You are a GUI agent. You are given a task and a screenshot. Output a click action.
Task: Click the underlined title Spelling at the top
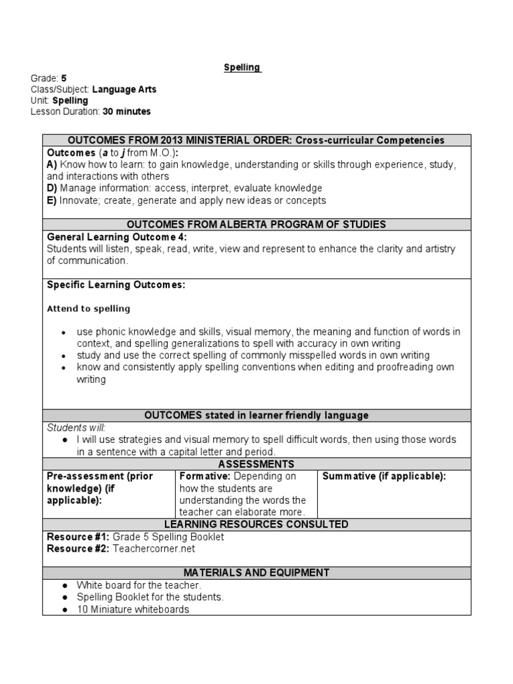coord(242,68)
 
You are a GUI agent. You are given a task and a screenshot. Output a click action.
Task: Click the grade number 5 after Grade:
coord(63,78)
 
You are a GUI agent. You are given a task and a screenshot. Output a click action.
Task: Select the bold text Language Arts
coord(124,89)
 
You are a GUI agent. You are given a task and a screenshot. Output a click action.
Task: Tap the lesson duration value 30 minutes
coord(127,111)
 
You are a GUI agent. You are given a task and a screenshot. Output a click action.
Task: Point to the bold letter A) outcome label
coord(51,164)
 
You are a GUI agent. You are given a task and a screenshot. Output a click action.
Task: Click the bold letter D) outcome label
coord(51,188)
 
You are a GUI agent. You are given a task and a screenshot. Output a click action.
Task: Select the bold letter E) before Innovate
coord(51,200)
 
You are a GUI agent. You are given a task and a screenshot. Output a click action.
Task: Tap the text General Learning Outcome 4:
coord(117,236)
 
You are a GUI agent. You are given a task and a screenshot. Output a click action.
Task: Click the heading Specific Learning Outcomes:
coord(116,285)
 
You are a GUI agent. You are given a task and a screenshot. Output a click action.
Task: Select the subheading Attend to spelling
coord(88,309)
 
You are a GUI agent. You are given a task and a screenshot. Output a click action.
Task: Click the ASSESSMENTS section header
coord(256,464)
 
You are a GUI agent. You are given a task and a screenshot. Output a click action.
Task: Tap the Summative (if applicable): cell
coord(383,476)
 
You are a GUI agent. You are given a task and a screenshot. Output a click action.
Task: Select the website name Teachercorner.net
coord(155,548)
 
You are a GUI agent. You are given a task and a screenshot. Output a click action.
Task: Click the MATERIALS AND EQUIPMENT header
coord(256,572)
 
